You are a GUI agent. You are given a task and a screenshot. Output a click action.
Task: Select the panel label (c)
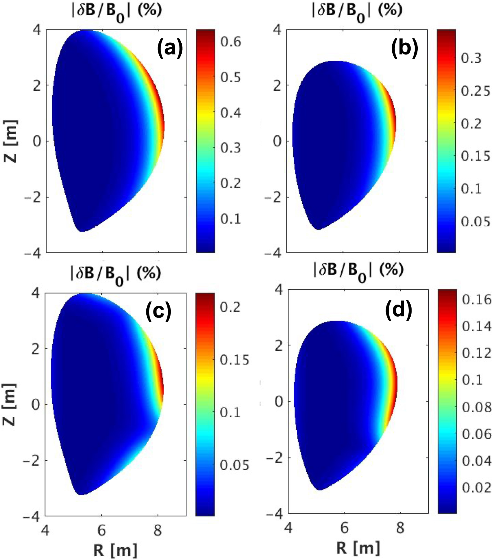(x=158, y=311)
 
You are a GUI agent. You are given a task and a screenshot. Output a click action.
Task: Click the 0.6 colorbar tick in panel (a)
(x=231, y=42)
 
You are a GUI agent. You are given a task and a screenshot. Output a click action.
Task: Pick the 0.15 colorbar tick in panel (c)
(x=234, y=360)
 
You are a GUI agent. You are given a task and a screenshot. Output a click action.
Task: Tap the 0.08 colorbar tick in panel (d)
(x=477, y=407)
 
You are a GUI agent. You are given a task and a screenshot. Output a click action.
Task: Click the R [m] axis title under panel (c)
(x=115, y=550)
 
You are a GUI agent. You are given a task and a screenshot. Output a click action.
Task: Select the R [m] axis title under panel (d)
(x=358, y=548)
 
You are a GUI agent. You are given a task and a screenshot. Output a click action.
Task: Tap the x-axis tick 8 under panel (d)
(x=400, y=528)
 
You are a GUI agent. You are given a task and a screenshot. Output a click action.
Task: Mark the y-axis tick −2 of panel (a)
(x=32, y=198)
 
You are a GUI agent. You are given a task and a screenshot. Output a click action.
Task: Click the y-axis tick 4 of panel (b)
(x=278, y=30)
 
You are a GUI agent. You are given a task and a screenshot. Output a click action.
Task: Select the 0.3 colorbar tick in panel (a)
(x=231, y=148)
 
